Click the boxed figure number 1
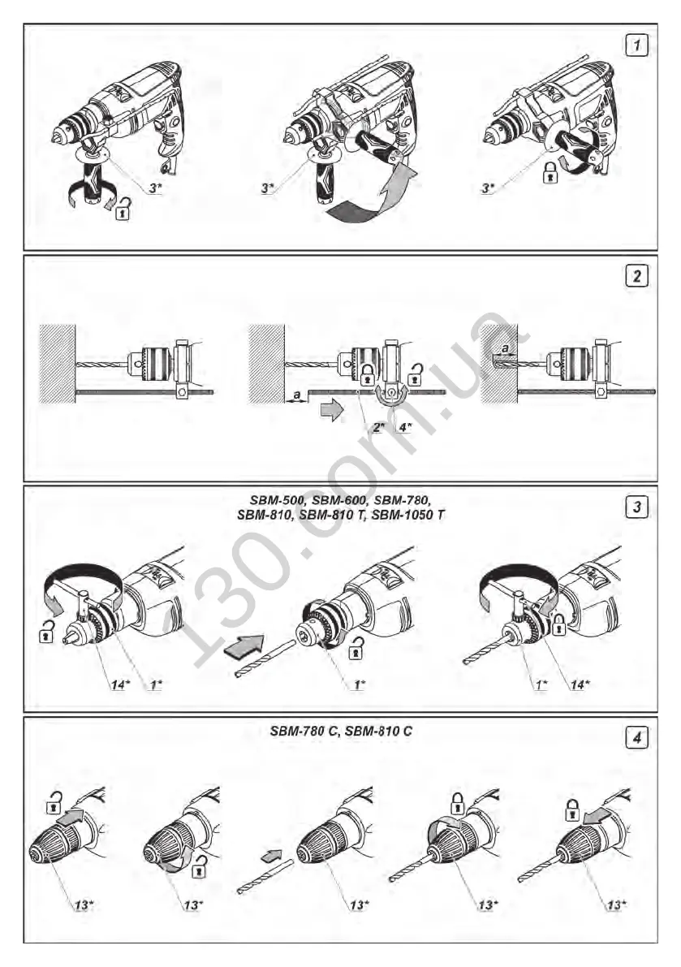pyautogui.click(x=637, y=45)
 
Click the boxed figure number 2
pyautogui.click(x=637, y=276)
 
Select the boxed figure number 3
pyautogui.click(x=637, y=507)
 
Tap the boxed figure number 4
pyautogui.click(x=637, y=739)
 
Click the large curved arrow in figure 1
pyautogui.click(x=365, y=200)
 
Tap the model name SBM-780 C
pyautogui.click(x=303, y=731)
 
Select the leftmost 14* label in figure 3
pyautogui.click(x=119, y=684)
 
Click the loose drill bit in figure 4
pyautogui.click(x=258, y=879)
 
